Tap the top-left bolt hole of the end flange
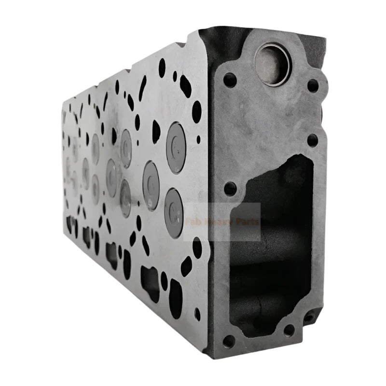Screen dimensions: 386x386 pyautogui.click(x=230, y=80)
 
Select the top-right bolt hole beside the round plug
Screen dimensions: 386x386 pyautogui.click(x=313, y=85)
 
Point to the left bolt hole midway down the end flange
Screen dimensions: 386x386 pyautogui.click(x=230, y=188)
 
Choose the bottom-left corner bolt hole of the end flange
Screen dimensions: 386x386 pyautogui.click(x=229, y=340)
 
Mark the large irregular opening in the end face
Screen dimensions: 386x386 pyautogui.click(x=273, y=241)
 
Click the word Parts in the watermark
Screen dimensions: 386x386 pyautogui.click(x=247, y=222)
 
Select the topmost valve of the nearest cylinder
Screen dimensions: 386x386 pyautogui.click(x=176, y=141)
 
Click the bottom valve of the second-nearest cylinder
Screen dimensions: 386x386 pyautogui.click(x=125, y=198)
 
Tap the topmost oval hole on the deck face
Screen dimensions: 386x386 pyautogui.click(x=162, y=67)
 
